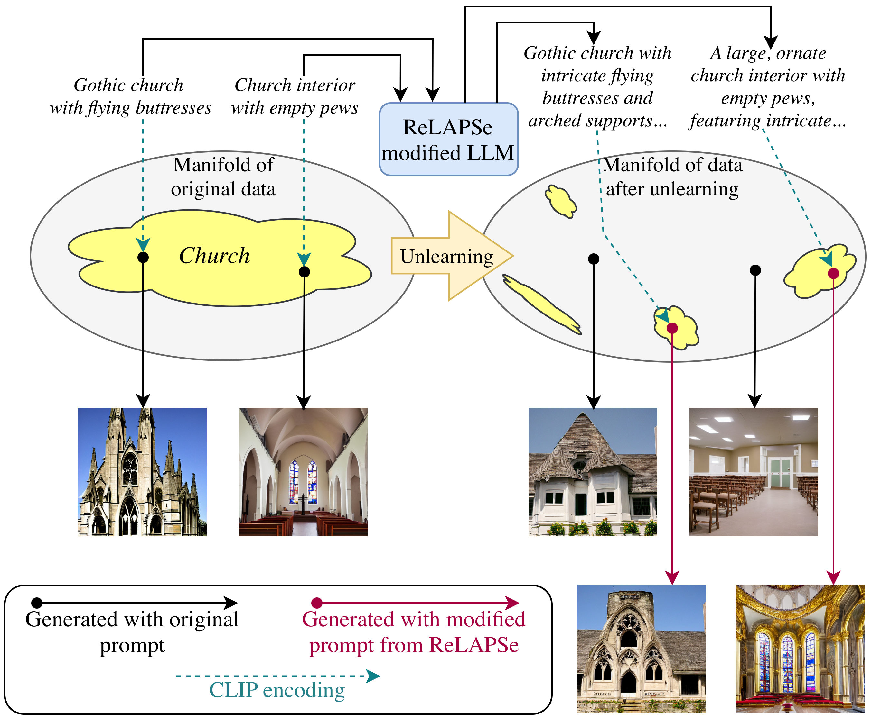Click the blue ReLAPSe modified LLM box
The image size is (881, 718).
(x=448, y=139)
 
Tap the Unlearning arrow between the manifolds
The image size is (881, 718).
(x=452, y=256)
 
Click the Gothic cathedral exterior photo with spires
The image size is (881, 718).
(x=142, y=472)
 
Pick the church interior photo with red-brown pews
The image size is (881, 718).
(x=303, y=472)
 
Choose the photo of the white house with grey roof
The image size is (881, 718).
(x=593, y=472)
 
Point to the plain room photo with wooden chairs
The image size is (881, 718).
(x=754, y=472)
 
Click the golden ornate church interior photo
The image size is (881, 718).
(x=800, y=649)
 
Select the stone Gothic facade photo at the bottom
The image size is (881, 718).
(x=641, y=649)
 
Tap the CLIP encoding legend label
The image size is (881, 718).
(x=277, y=690)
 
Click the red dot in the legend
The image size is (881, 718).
(x=317, y=603)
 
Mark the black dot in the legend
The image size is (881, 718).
(x=37, y=603)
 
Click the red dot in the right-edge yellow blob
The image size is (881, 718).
(x=833, y=273)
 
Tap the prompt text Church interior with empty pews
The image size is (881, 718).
(x=295, y=96)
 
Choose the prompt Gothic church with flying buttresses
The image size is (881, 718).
(x=130, y=96)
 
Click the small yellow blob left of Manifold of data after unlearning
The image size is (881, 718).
(x=561, y=201)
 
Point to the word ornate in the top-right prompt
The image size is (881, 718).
(x=801, y=53)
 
